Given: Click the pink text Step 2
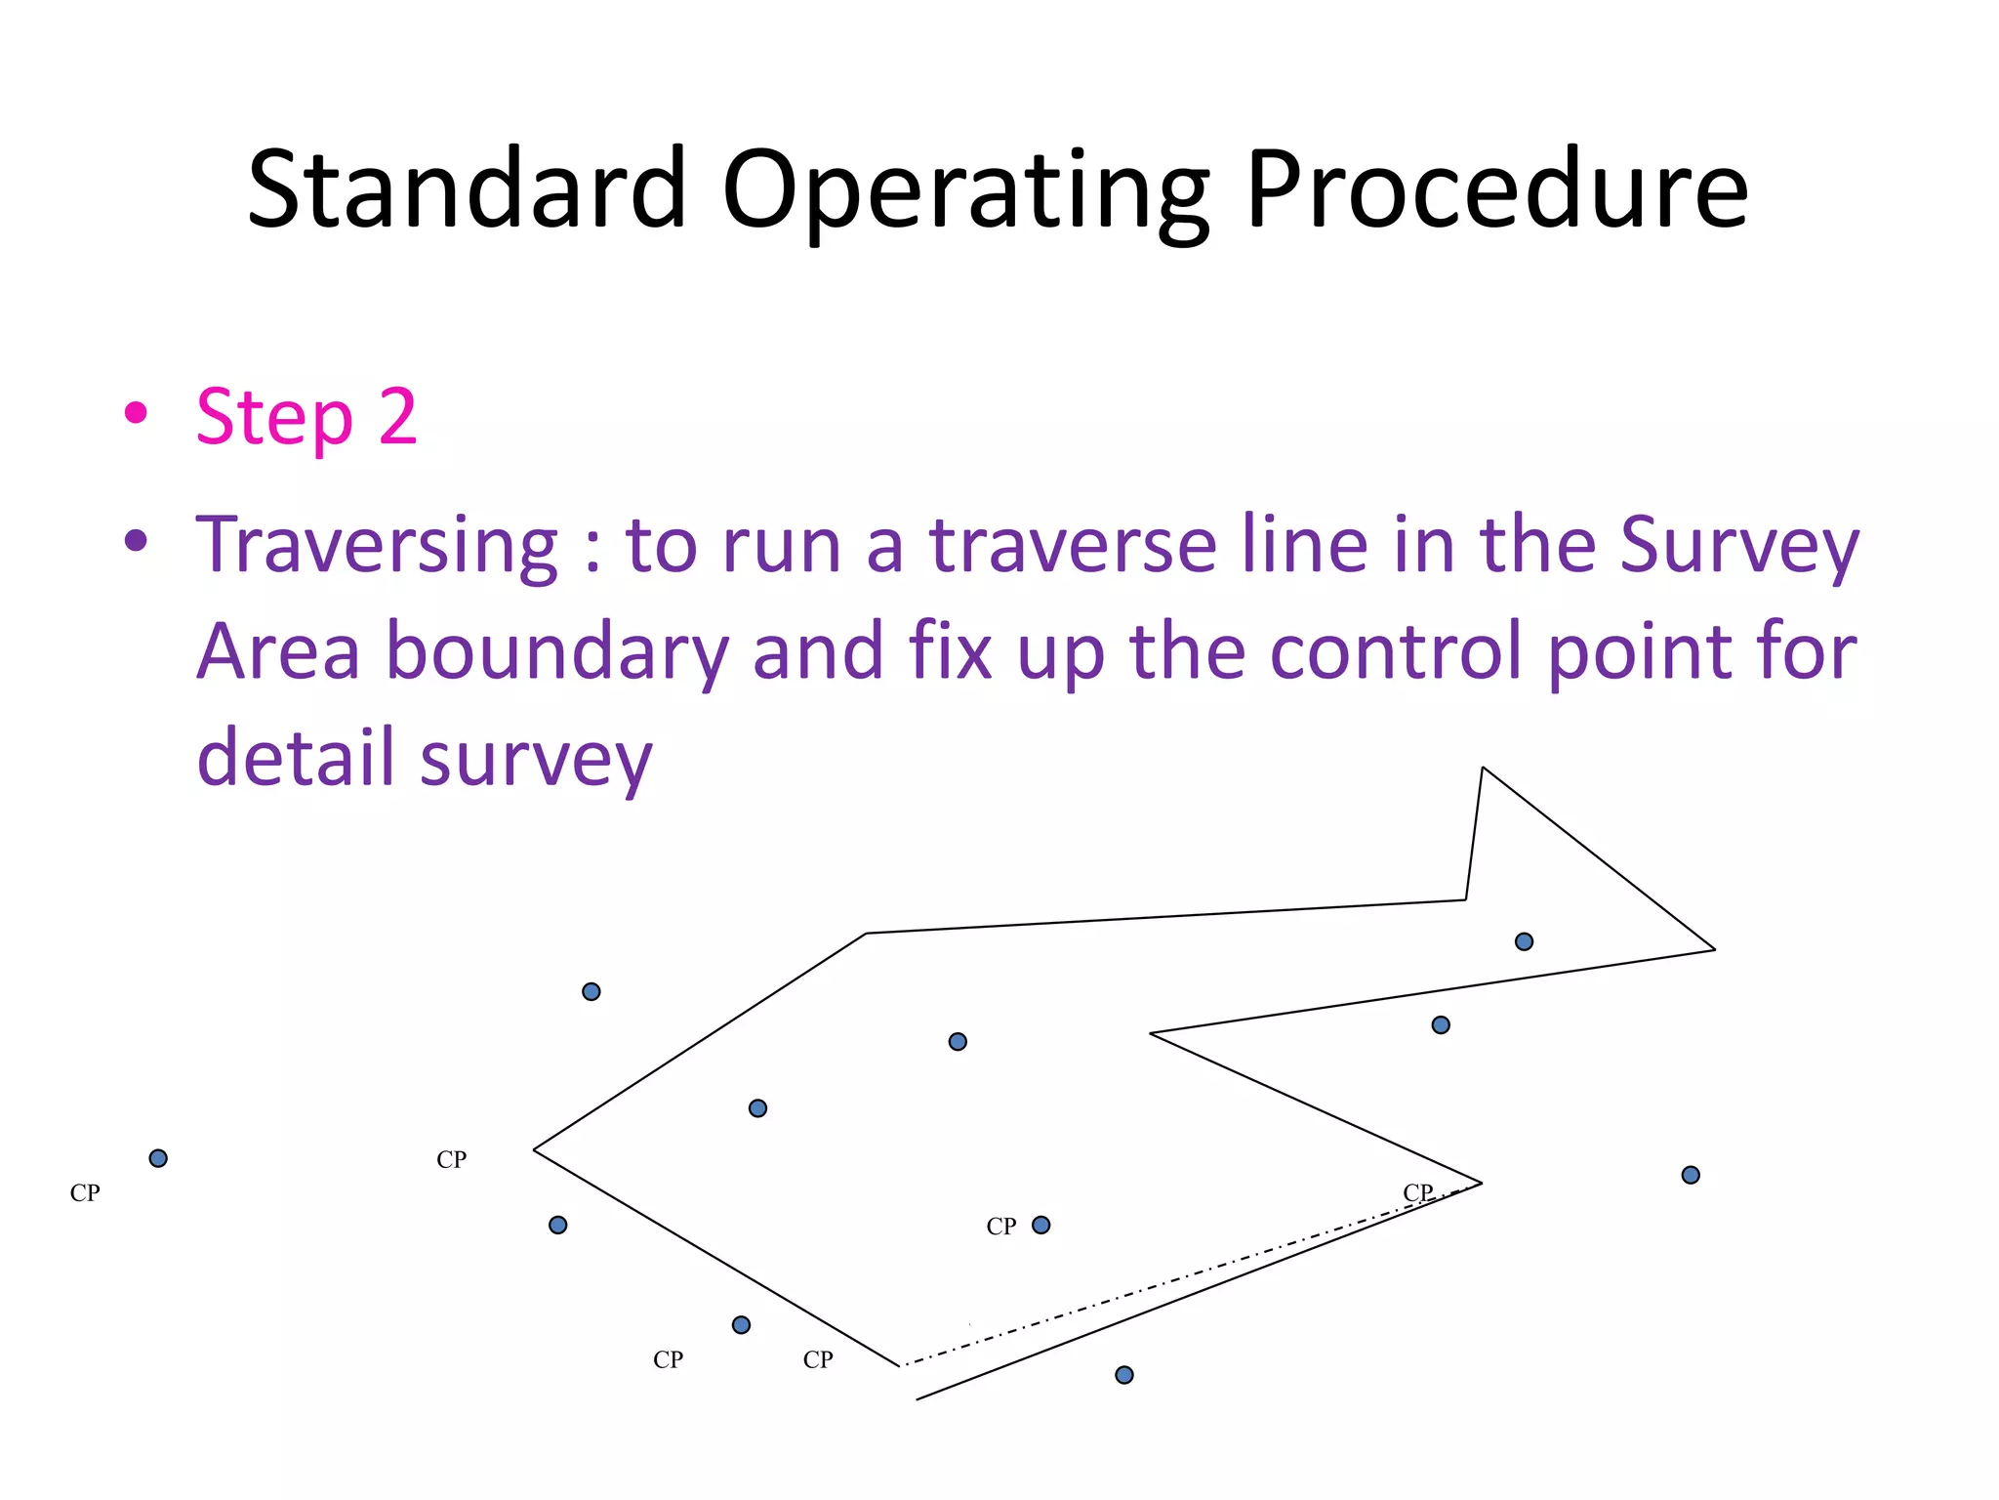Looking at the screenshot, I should tap(306, 417).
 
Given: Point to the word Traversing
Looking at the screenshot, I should tap(377, 545).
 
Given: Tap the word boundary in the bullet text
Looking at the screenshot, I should tap(557, 651).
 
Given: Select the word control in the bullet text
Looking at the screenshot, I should tap(1399, 651).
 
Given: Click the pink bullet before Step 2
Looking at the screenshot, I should tap(136, 413).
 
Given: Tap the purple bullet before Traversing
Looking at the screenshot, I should tap(136, 540).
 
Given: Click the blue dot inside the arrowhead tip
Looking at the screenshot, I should tap(1524, 941).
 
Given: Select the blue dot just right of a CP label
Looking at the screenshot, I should tap(1041, 1225).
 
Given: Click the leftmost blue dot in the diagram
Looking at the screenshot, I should tap(158, 1158).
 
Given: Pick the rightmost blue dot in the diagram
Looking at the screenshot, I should tap(1691, 1175).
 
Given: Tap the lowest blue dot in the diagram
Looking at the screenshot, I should tap(1124, 1375).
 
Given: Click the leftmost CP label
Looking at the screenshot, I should tap(85, 1193).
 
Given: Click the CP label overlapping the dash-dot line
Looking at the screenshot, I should tap(1417, 1192).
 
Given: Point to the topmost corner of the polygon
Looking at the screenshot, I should tap(1483, 769).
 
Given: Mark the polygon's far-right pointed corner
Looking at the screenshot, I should tap(1714, 948).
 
